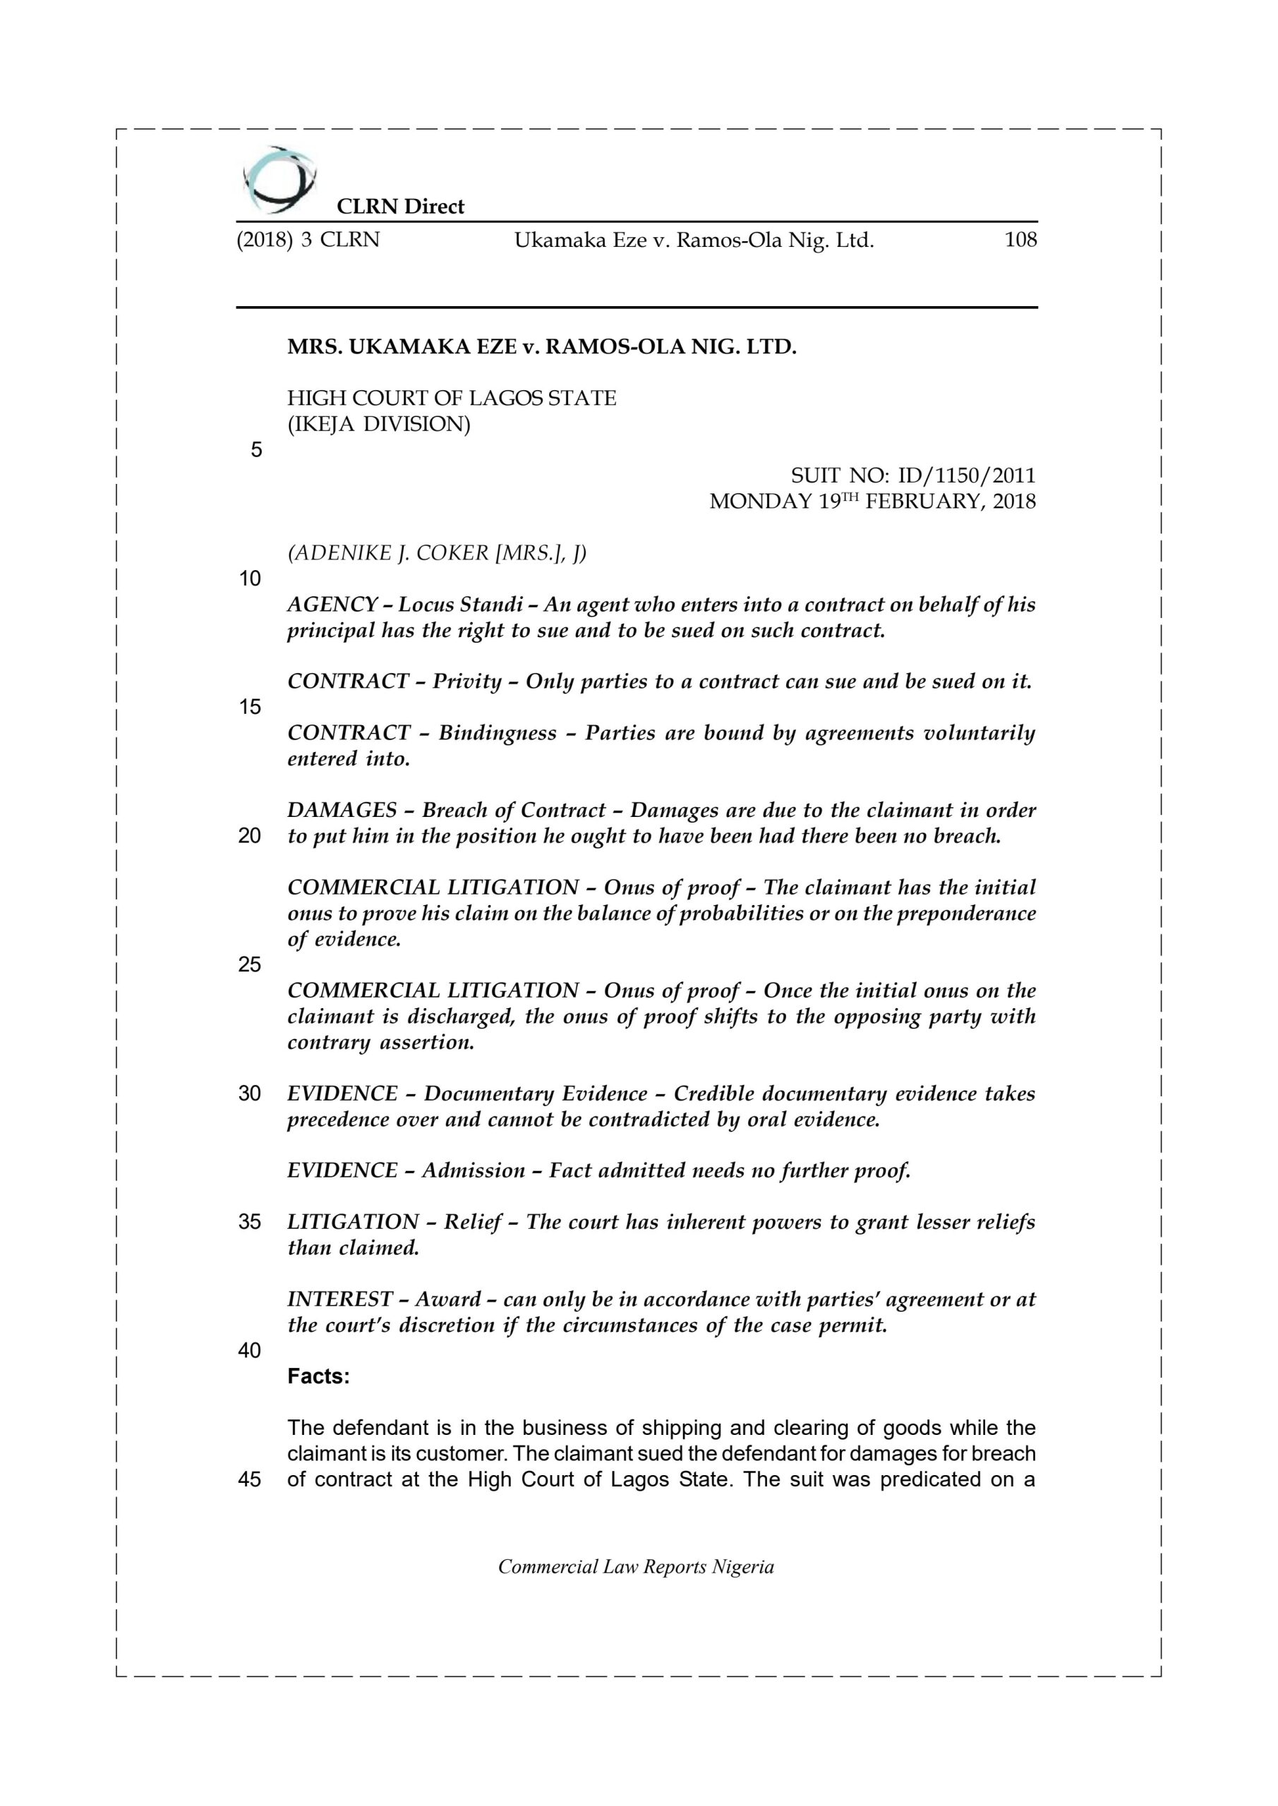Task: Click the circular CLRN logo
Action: pos(281,180)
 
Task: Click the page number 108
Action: pos(1020,240)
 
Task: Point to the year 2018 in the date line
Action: pos(1014,502)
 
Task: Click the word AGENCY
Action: pos(332,605)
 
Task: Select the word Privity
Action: pos(466,682)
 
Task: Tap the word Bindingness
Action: pos(498,733)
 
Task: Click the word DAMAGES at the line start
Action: pos(342,810)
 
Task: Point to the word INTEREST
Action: pos(340,1299)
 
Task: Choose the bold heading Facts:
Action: pos(318,1376)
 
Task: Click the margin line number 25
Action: pos(250,965)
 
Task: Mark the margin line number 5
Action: pos(255,451)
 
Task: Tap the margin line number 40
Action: pos(250,1350)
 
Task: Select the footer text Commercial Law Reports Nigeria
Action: pos(636,1567)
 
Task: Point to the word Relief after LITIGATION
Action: pos(472,1223)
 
